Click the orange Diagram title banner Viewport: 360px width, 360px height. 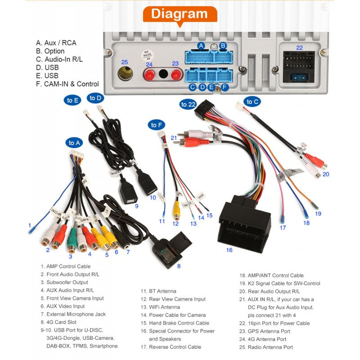(x=180, y=13)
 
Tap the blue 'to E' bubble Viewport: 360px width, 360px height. (x=73, y=100)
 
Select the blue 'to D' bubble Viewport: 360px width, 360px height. (x=95, y=98)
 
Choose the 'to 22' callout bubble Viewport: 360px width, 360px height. (x=189, y=104)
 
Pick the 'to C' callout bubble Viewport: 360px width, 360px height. (x=253, y=102)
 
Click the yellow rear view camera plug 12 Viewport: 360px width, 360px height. (x=176, y=208)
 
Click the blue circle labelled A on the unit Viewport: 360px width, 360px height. (x=201, y=45)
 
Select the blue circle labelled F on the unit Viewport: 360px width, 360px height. (x=225, y=87)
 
